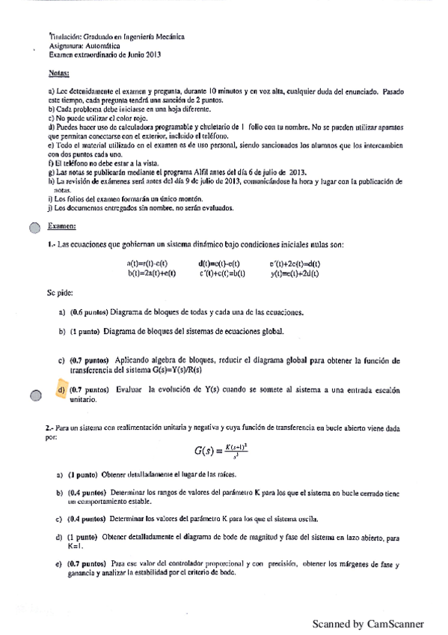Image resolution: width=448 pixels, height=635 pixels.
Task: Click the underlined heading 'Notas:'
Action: pyautogui.click(x=58, y=73)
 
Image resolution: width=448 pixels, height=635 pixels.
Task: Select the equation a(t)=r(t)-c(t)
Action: pyautogui.click(x=147, y=264)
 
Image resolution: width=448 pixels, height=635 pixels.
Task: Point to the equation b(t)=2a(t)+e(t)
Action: pyautogui.click(x=151, y=273)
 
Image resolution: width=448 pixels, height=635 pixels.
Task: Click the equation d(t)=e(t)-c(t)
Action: pyautogui.click(x=218, y=264)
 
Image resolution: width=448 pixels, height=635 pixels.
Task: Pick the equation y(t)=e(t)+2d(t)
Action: pyautogui.click(x=295, y=273)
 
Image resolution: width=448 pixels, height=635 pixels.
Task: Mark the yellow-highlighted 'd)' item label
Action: pyautogui.click(x=61, y=390)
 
